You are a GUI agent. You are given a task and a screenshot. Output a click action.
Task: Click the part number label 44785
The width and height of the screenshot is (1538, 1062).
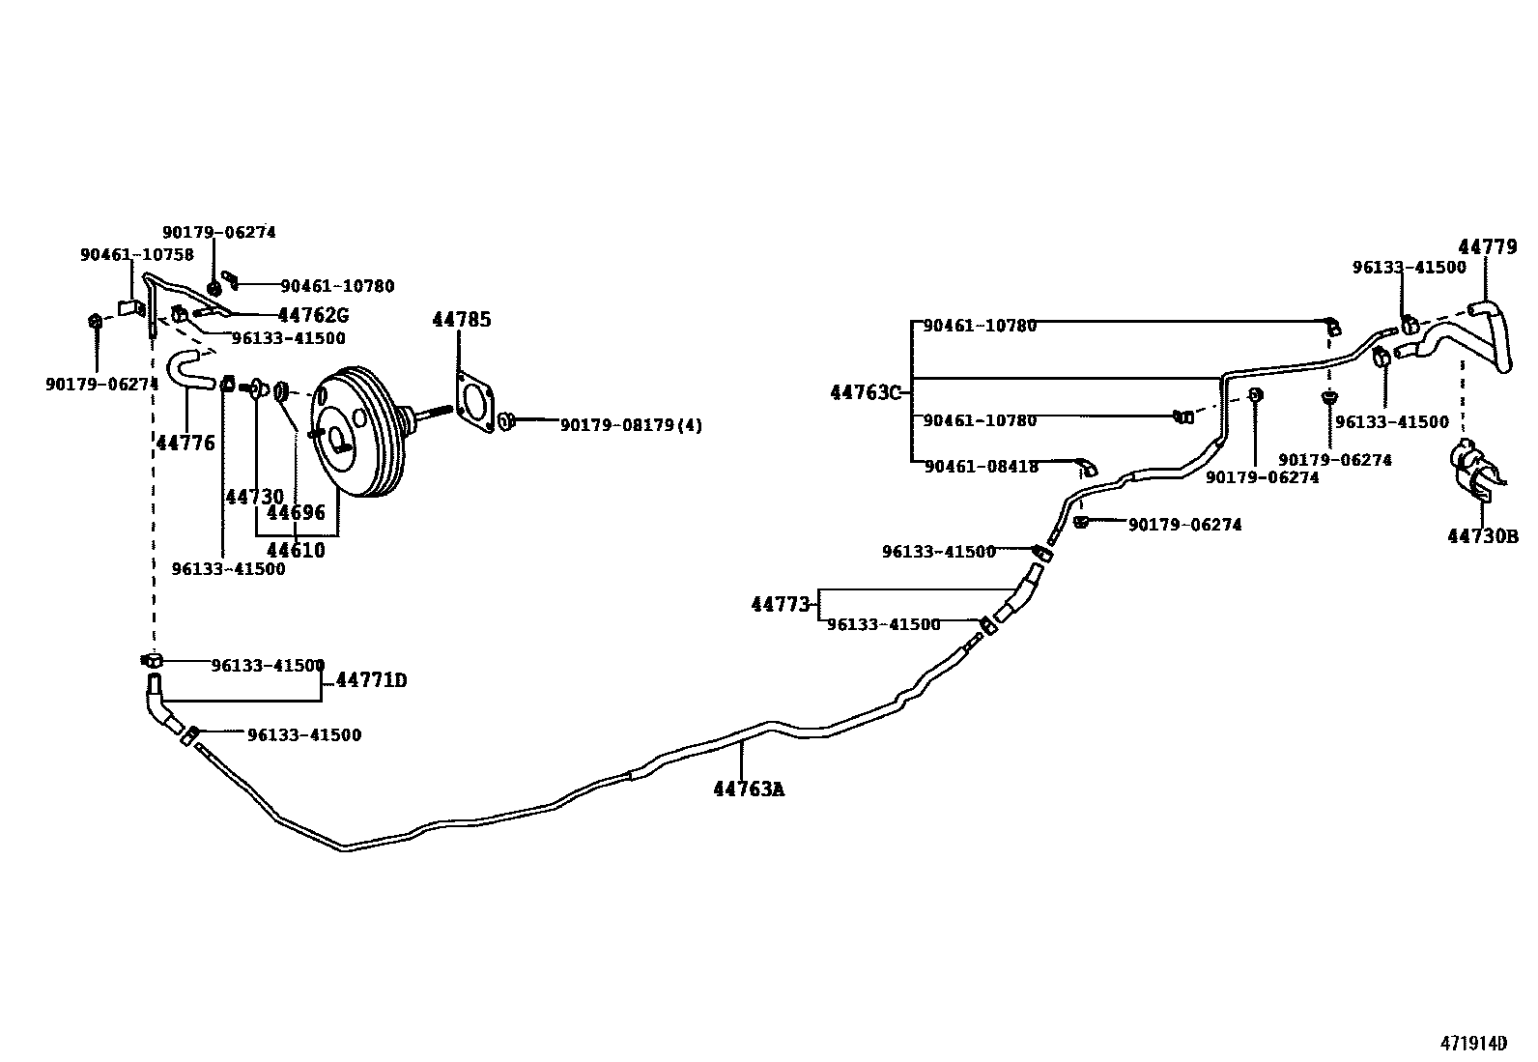pyautogui.click(x=461, y=320)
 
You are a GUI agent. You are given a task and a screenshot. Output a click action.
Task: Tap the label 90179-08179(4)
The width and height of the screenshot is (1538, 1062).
pyautogui.click(x=631, y=424)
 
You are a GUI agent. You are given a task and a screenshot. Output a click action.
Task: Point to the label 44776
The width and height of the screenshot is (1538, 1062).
pyautogui.click(x=185, y=443)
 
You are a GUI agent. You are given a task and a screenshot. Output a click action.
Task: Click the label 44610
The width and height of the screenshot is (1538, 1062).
pyautogui.click(x=296, y=551)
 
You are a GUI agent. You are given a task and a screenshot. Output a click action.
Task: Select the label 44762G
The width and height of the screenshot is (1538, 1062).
pyautogui.click(x=312, y=315)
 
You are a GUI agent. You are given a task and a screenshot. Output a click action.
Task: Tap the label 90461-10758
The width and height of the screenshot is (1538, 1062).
pyautogui.click(x=136, y=255)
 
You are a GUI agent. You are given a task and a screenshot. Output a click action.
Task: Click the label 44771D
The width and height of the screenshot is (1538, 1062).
pyautogui.click(x=371, y=681)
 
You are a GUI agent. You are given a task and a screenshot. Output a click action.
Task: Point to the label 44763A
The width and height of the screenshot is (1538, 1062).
pyautogui.click(x=749, y=789)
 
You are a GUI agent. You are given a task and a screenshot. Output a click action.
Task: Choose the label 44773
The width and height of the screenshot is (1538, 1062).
pyautogui.click(x=780, y=605)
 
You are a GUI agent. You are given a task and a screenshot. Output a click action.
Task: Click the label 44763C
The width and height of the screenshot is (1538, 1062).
pyautogui.click(x=865, y=392)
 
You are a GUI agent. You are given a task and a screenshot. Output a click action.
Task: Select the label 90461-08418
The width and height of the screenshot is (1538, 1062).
pyautogui.click(x=981, y=467)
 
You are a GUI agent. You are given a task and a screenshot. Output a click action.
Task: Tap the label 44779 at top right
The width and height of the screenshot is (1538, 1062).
pyautogui.click(x=1488, y=246)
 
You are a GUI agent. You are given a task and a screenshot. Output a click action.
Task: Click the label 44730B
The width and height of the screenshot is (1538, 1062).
pyautogui.click(x=1482, y=536)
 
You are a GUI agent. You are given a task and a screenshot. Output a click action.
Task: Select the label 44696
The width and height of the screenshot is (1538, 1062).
pyautogui.click(x=296, y=512)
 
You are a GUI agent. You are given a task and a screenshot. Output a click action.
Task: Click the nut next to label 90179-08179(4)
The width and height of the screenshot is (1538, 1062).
pyautogui.click(x=506, y=421)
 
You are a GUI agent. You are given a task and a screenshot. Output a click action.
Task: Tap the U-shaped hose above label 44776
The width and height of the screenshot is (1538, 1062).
pyautogui.click(x=188, y=372)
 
